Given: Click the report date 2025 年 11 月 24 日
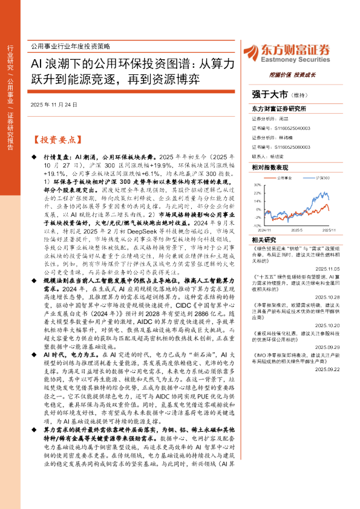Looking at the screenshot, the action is tap(54, 105).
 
